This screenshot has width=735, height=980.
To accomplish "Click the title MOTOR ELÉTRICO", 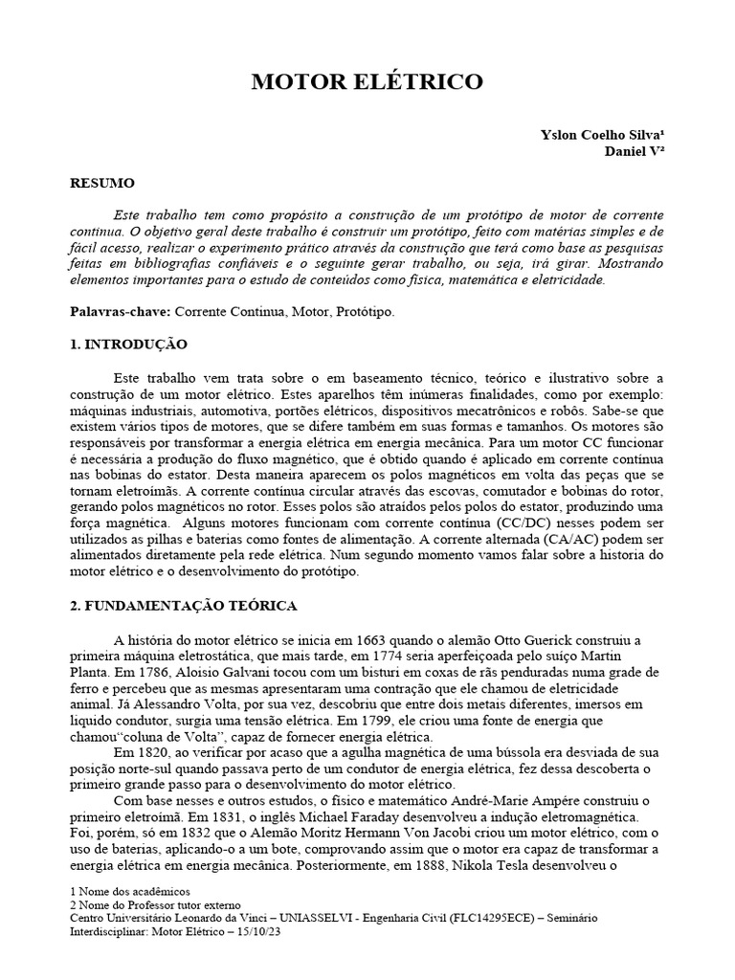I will tap(367, 83).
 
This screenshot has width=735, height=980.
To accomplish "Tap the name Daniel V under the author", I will tap(635, 151).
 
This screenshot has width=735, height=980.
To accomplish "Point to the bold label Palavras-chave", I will tap(120, 312).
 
